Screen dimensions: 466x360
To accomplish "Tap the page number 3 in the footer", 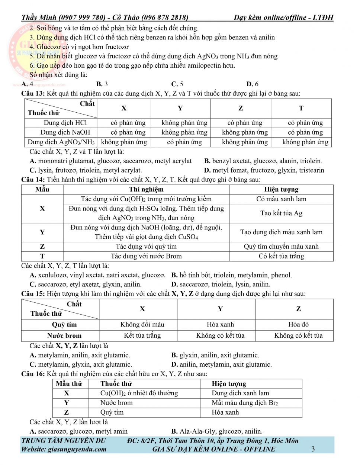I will tap(313, 449).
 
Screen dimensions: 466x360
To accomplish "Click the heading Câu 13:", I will tap(33, 93).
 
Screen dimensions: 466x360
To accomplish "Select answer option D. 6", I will tap(252, 84).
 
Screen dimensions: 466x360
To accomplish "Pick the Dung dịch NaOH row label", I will tap(65, 132).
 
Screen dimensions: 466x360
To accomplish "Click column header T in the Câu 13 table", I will tap(301, 108).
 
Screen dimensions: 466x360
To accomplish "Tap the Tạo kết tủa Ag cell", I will tap(281, 213).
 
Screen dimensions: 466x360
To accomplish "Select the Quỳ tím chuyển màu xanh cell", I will tap(281, 247).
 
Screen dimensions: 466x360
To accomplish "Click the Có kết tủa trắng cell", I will tap(281, 256).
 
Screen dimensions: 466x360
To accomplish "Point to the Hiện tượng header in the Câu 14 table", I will tap(281, 189).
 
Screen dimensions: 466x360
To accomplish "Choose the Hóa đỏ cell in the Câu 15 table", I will tap(298, 325).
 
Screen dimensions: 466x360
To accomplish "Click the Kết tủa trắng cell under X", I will tap(142, 335).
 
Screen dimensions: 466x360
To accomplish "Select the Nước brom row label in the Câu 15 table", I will tap(64, 335).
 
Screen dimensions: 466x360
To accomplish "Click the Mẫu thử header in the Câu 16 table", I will tap(69, 384).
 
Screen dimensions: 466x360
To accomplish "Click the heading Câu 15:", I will tap(33, 294).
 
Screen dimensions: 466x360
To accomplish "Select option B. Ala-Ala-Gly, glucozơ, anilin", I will tap(217, 431).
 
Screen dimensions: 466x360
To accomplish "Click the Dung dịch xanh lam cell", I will tap(240, 393).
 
